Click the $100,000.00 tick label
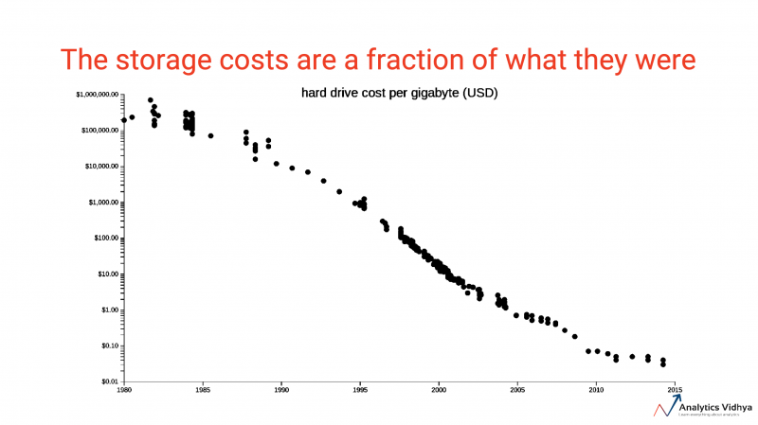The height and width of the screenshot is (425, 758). coord(98,131)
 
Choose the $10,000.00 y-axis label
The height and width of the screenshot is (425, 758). coord(99,167)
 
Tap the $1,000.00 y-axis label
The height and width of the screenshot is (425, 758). coord(101,203)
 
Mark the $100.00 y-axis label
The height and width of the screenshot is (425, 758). coord(103,239)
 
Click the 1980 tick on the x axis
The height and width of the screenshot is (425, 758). coord(123,389)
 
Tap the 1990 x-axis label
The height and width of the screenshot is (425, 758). coord(281,389)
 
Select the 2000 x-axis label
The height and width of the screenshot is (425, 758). coord(439,389)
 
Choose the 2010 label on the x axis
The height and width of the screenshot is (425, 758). coord(596,389)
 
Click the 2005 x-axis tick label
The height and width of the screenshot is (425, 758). coord(517,389)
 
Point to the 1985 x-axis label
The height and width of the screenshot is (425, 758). coord(203,389)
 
